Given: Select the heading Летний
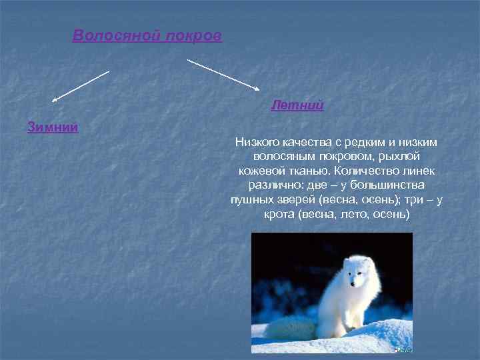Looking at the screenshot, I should pyautogui.click(x=297, y=105).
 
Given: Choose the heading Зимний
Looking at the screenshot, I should pyautogui.click(x=53, y=127).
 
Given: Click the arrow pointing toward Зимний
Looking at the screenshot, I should pyautogui.click(x=80, y=86).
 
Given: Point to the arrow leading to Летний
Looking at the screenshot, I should pyautogui.click(x=223, y=74).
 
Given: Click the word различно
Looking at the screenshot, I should pyautogui.click(x=275, y=185).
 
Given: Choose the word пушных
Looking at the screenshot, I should pyautogui.click(x=249, y=200).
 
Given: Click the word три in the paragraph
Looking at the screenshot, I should pyautogui.click(x=413, y=200).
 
